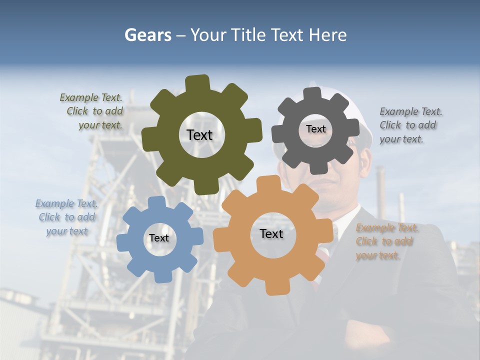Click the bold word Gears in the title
coord(148,35)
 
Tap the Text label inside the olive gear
coord(199,135)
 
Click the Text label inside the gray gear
coord(315,129)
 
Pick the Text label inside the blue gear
coord(159,238)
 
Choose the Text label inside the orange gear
coord(271,234)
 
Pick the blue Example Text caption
coord(66,217)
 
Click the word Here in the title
coord(328,35)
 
